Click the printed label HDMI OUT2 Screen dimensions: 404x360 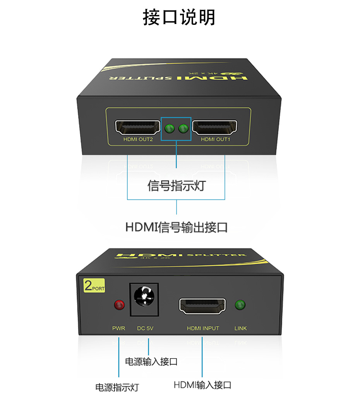138,139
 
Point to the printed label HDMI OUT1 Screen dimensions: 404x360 215,139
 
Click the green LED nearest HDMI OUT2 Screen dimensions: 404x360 169,128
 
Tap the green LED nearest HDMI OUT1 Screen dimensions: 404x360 183,128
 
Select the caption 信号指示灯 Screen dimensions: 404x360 176,186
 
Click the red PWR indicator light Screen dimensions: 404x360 119,305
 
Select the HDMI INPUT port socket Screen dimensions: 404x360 202,306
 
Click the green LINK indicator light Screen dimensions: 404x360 240,305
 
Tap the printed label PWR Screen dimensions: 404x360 118,329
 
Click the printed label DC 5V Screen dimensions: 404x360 146,329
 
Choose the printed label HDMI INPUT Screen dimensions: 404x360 203,329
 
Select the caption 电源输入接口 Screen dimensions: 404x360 151,362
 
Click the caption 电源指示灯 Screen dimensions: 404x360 117,387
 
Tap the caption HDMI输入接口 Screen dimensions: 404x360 202,385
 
